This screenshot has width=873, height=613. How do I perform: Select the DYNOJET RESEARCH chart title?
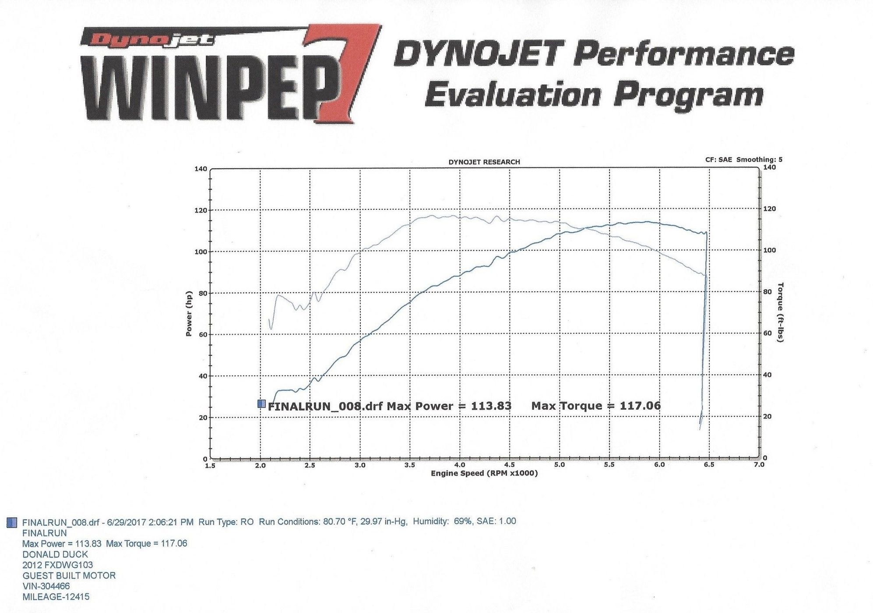click(x=484, y=162)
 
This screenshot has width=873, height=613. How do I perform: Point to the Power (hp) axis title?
click(x=189, y=314)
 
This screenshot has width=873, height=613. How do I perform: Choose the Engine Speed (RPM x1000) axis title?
click(x=484, y=474)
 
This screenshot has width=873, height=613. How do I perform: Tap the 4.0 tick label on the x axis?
click(x=460, y=465)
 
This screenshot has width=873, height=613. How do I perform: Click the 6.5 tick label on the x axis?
click(x=709, y=465)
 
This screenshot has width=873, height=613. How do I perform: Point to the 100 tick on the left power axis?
click(x=201, y=252)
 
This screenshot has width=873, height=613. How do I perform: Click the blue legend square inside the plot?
click(x=261, y=404)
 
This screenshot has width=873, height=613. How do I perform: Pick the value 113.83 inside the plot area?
click(x=491, y=406)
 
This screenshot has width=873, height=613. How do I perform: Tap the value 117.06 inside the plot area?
click(x=640, y=406)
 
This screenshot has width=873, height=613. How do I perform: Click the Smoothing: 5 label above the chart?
click(x=759, y=159)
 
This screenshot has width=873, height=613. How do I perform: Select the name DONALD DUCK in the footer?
click(x=55, y=554)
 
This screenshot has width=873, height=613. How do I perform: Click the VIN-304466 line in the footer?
click(x=46, y=586)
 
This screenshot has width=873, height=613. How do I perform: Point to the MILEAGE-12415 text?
click(x=56, y=597)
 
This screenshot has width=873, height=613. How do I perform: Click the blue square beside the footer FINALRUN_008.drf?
click(x=13, y=522)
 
